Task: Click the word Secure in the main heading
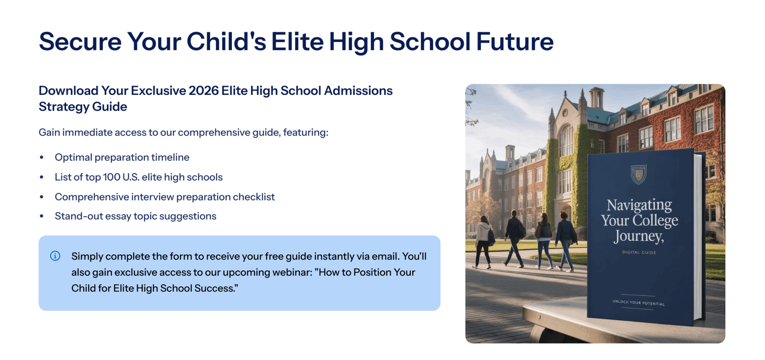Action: pos(80,41)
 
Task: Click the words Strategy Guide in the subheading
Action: pos(83,107)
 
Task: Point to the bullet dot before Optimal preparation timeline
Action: pos(42,158)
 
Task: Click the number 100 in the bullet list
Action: pos(111,177)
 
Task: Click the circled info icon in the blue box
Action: pos(55,256)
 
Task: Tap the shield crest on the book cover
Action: pos(638,174)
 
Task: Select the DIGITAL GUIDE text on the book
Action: pos(639,252)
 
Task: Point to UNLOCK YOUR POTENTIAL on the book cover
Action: pos(638,302)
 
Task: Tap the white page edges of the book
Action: pos(697,237)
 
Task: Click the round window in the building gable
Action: pos(565,113)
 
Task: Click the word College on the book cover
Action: pos(655,221)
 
